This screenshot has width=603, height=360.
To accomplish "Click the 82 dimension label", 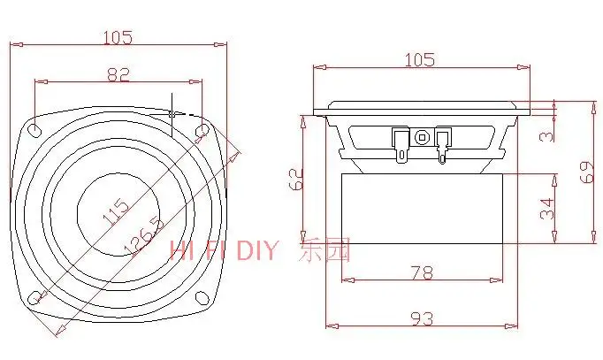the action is click(118, 74).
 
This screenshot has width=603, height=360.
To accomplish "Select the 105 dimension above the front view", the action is click(118, 37).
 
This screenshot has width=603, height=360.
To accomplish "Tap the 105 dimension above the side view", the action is click(420, 59).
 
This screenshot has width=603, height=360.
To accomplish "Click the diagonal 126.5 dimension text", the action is click(144, 236).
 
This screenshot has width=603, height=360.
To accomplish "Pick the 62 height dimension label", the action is click(296, 179).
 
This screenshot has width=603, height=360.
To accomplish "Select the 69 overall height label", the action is click(588, 172).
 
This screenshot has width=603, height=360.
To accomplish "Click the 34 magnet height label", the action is click(547, 209).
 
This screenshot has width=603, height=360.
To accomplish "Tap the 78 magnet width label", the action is click(422, 272).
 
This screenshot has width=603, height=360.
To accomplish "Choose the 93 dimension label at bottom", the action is click(422, 318).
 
